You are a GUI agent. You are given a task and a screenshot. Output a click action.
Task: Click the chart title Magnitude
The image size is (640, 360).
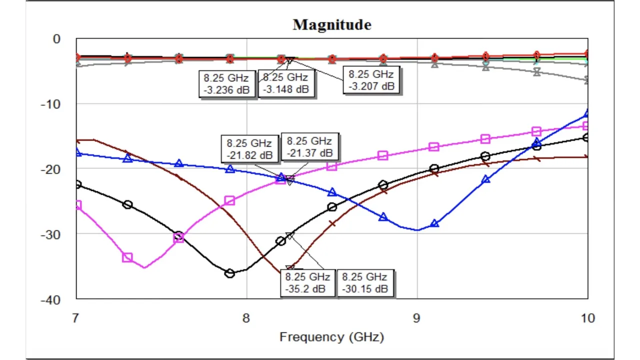click(332, 24)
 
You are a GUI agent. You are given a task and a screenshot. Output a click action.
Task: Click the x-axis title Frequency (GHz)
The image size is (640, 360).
click(331, 336)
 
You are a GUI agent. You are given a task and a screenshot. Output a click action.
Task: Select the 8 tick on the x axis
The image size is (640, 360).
click(246, 318)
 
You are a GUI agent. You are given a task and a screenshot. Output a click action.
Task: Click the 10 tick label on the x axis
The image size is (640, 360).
click(587, 318)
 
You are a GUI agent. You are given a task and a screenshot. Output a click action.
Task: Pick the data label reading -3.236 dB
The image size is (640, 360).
click(226, 83)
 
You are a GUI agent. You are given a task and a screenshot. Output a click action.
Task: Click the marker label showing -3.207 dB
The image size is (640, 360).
click(371, 80)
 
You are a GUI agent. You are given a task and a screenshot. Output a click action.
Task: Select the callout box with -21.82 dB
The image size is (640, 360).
click(249, 149)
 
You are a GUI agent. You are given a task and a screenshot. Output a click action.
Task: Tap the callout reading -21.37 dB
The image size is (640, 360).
click(309, 147)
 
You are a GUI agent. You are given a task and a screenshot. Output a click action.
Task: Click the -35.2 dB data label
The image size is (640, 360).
click(307, 282)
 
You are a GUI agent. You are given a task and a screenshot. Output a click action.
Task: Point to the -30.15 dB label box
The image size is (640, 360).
click(364, 282)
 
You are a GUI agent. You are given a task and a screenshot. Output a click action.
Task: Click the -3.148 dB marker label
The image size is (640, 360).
click(285, 83)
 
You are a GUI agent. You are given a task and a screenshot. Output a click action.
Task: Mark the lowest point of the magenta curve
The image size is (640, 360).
click(145, 267)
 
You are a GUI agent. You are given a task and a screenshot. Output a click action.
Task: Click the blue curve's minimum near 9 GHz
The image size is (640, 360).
click(417, 230)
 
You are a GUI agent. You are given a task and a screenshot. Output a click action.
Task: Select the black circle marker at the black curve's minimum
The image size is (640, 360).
click(229, 273)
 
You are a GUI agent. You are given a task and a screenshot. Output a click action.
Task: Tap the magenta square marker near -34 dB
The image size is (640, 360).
click(127, 257)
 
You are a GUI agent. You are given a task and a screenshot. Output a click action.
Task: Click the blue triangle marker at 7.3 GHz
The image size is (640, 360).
click(127, 158)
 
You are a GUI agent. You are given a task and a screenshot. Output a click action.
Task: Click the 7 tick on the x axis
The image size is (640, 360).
click(76, 318)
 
